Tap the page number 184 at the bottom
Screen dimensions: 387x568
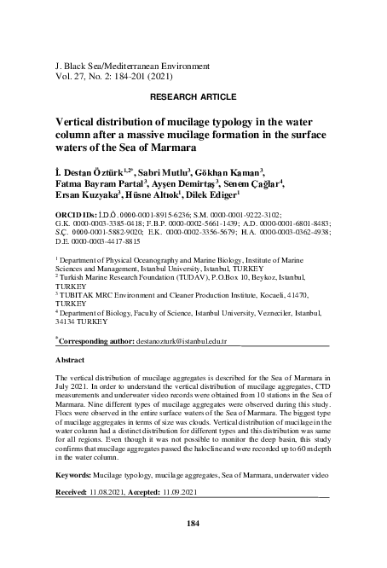point(192,523)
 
